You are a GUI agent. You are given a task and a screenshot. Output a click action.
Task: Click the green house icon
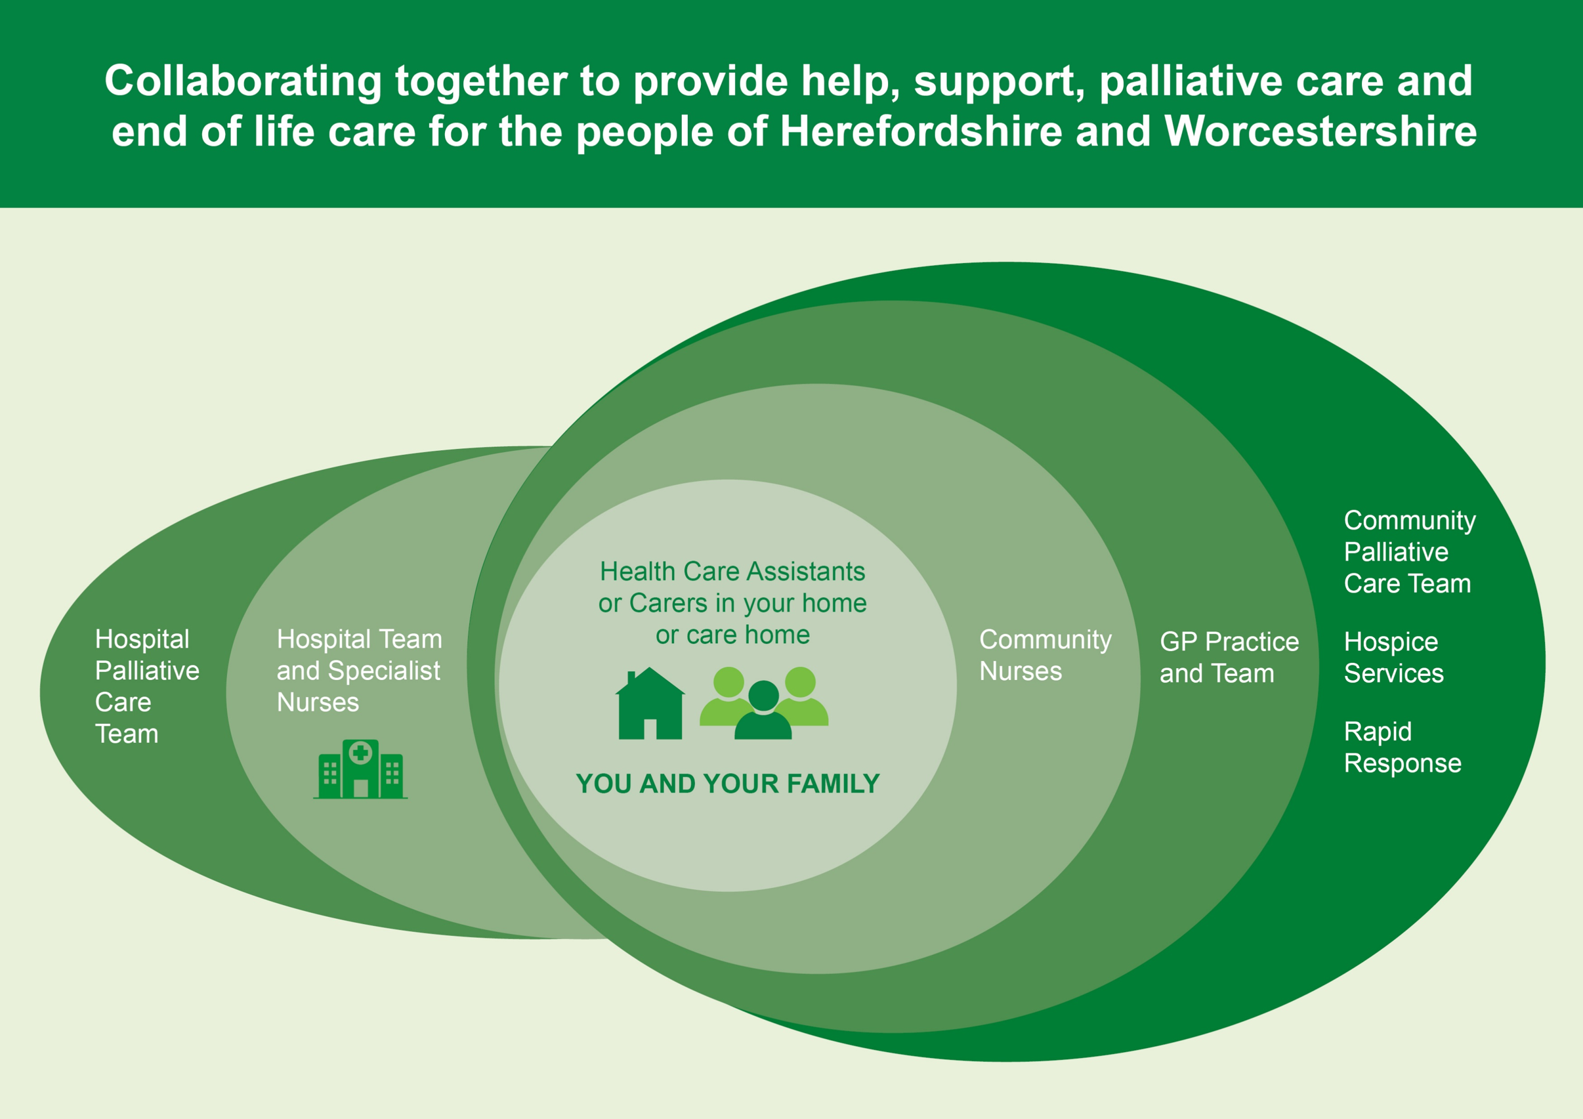click(x=650, y=705)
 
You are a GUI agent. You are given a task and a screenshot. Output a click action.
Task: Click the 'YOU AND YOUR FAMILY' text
click(x=727, y=784)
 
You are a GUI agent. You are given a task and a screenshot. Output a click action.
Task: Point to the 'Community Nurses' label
click(x=1045, y=655)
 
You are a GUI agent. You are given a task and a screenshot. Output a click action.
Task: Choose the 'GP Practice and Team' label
click(x=1229, y=657)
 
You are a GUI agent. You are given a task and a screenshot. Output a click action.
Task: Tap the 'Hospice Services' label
click(x=1393, y=657)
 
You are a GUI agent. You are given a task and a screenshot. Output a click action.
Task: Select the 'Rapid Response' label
click(x=1402, y=747)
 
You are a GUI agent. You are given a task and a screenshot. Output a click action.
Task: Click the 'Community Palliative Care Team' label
click(x=1408, y=551)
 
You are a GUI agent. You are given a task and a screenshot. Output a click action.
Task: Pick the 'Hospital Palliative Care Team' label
click(x=146, y=686)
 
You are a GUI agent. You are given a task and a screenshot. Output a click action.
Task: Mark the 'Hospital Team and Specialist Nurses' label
click(x=358, y=670)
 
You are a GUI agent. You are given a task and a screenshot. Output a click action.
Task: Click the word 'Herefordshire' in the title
click(x=921, y=131)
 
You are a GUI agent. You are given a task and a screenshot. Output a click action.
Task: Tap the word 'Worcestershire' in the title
click(x=1320, y=131)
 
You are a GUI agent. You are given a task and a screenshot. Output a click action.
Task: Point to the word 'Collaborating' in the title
click(x=243, y=81)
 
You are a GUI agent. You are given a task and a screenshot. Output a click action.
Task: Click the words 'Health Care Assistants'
click(x=732, y=572)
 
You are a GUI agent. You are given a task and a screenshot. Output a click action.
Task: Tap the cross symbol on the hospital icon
click(x=360, y=753)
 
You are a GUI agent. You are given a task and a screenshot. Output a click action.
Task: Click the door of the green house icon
click(x=650, y=728)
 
